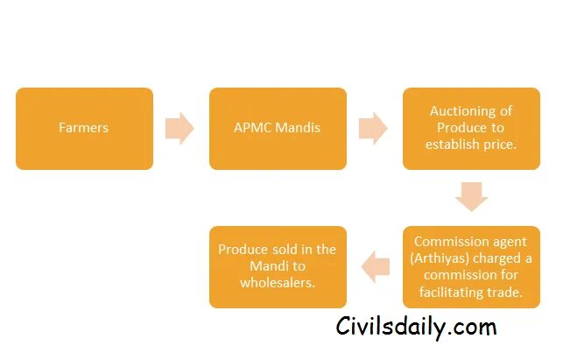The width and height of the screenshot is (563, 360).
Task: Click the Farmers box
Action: click(84, 129)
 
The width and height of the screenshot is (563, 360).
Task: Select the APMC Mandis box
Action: click(278, 129)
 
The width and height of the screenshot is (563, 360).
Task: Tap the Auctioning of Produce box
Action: click(471, 129)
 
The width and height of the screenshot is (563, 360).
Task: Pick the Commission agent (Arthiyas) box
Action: click(471, 267)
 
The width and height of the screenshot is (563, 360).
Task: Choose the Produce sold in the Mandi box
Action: click(278, 267)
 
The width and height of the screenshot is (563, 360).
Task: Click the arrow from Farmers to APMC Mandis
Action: click(180, 128)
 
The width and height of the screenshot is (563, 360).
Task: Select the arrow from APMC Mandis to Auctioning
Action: click(374, 128)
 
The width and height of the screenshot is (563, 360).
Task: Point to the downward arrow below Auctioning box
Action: click(471, 195)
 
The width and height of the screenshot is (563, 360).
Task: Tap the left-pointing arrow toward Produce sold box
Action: click(376, 267)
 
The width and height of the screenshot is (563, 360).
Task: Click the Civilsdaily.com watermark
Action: click(416, 328)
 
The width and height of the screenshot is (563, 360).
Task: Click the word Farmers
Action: click(84, 128)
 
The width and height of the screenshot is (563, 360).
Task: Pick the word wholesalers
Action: click(278, 283)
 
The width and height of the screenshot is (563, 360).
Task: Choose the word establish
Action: click(455, 145)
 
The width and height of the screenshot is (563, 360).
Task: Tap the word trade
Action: click(506, 293)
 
